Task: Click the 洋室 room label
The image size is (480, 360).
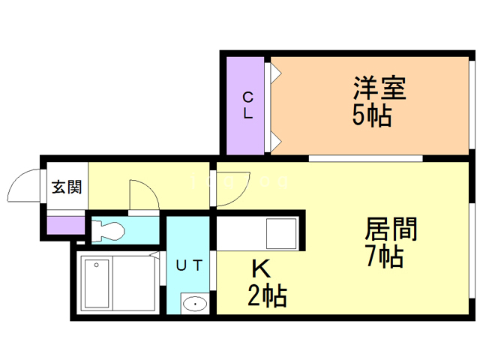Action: pos(379,88)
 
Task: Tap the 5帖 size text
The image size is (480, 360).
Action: pos(372,115)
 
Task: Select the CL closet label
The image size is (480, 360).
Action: pos(247,105)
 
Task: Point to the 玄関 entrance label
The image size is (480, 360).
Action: pos(67,187)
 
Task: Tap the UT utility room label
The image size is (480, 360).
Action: pos(187,264)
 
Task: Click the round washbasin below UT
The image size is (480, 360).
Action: pos(195,304)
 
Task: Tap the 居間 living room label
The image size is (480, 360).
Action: pos(390,229)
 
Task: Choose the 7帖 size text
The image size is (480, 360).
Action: pos(384,257)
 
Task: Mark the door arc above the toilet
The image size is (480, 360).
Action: pos(142,196)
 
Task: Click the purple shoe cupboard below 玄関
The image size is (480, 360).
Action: pos(66,224)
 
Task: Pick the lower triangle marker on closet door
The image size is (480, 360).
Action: pos(275,139)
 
